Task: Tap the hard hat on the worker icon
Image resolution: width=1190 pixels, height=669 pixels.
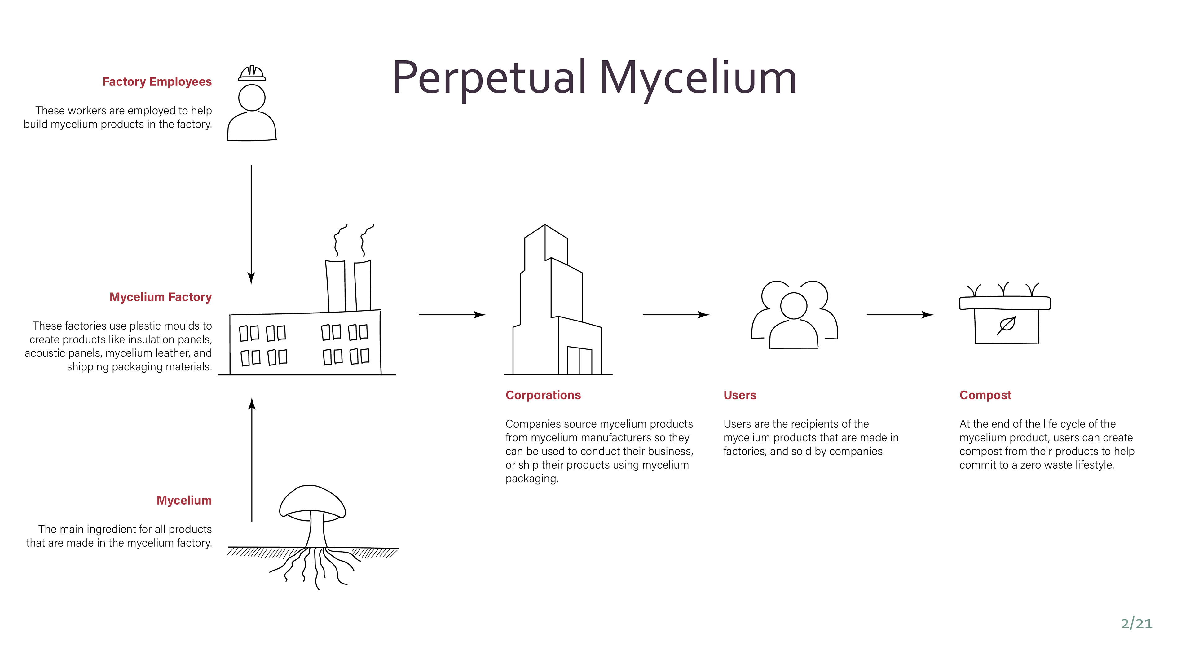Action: [x=252, y=73]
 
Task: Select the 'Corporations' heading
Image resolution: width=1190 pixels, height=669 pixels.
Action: [x=543, y=395]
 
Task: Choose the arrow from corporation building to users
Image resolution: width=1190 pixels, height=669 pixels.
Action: [x=675, y=315]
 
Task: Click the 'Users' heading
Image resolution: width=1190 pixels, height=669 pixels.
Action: [x=740, y=395]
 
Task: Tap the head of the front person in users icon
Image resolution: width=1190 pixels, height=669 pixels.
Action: [x=794, y=306]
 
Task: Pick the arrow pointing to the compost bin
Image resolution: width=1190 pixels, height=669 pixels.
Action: [x=899, y=315]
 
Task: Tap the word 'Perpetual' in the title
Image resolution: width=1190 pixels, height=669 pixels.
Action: [x=490, y=77]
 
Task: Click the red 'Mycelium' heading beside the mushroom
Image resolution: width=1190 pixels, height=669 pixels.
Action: [x=184, y=501]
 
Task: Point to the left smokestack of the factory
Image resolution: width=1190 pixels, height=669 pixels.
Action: [x=335, y=286]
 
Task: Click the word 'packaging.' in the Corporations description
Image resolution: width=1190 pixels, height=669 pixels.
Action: [x=532, y=479]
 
